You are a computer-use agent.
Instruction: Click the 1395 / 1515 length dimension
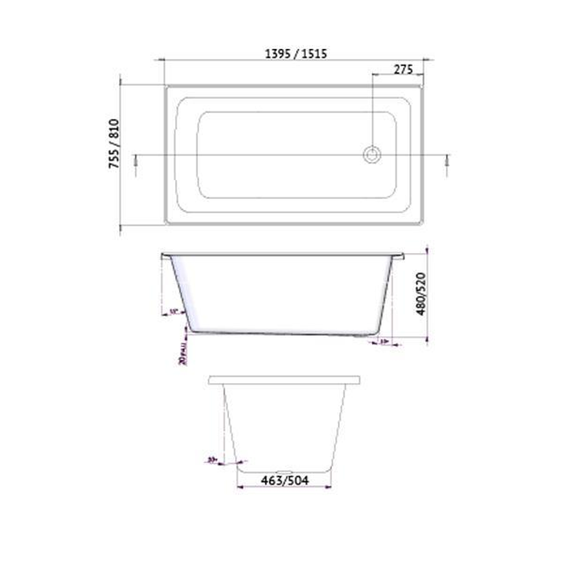click(x=296, y=53)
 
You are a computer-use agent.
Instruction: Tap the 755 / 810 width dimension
click(x=114, y=144)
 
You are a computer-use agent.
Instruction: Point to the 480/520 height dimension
click(x=420, y=293)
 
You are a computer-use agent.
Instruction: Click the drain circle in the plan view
click(x=372, y=155)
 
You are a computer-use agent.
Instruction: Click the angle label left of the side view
click(x=173, y=312)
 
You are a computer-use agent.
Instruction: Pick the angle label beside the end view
click(x=212, y=459)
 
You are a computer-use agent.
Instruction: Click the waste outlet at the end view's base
click(x=285, y=472)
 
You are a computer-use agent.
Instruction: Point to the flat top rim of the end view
click(x=285, y=380)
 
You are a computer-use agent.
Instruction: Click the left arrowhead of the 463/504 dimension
click(x=239, y=487)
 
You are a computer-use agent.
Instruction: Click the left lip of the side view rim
click(x=165, y=255)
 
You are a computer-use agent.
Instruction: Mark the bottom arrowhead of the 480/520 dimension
click(x=427, y=340)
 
